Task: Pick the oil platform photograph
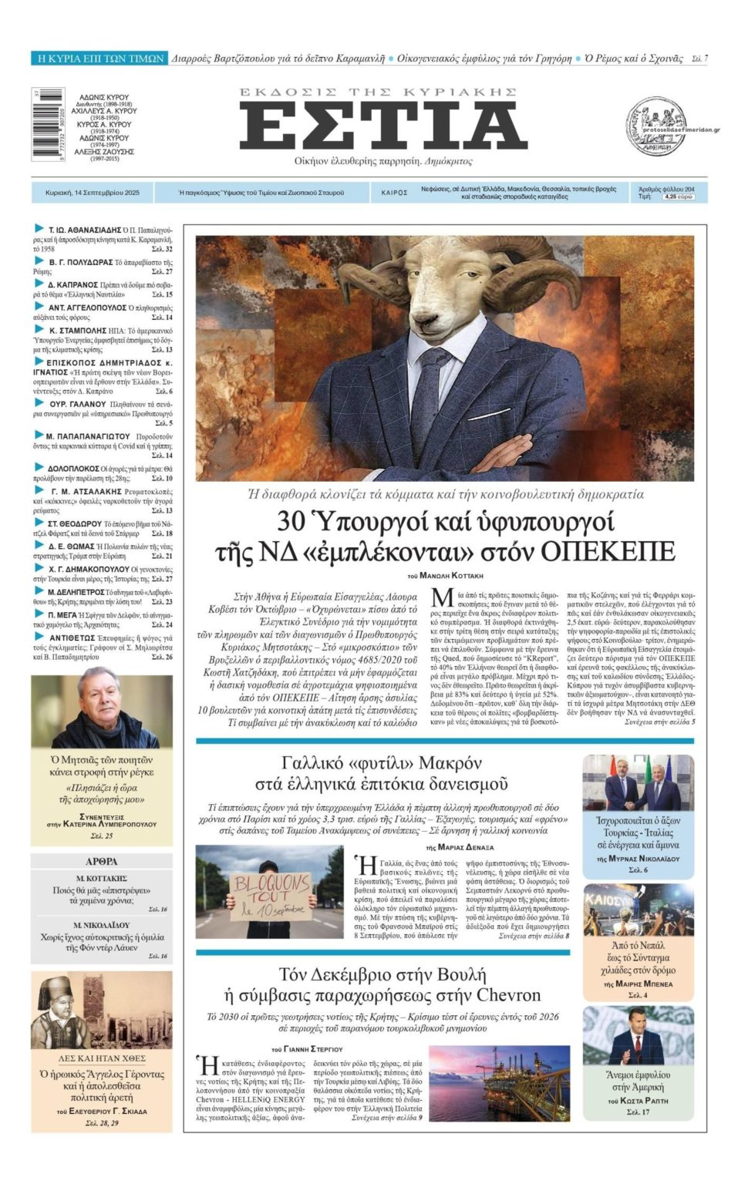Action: (x=499, y=1083)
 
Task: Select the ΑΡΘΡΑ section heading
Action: (x=102, y=861)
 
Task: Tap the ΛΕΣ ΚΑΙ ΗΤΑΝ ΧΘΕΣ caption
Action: (x=102, y=1058)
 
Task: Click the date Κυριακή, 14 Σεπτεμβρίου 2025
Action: (x=93, y=193)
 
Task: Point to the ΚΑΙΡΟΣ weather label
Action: (x=394, y=193)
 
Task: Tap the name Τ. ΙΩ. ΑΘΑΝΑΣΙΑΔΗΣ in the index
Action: (x=85, y=230)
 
